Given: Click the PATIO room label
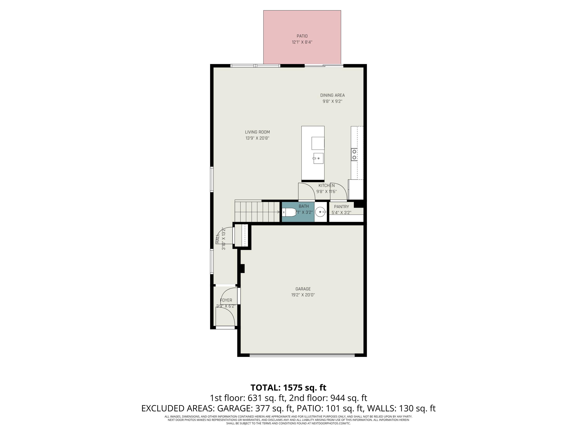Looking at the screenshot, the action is (302, 36).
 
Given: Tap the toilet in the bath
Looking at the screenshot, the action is (288, 212).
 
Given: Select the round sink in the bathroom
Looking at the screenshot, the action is (321, 212).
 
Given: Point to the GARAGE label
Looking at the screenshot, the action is (303, 289).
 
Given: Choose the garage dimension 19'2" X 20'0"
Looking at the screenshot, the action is (303, 295).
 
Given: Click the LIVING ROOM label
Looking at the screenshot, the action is (258, 132).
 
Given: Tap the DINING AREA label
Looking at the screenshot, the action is (333, 95).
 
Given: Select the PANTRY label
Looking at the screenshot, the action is (341, 206).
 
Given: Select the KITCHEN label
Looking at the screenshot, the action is (327, 185).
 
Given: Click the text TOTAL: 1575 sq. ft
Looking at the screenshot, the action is (288, 388).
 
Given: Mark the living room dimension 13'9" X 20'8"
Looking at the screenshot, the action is (258, 138).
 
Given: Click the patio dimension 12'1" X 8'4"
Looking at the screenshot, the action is (302, 42).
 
